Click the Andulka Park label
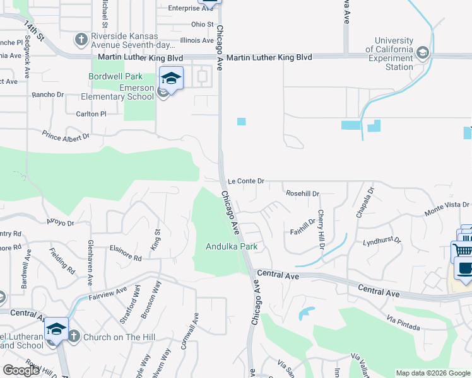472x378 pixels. (232, 247)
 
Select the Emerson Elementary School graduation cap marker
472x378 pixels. (171, 79)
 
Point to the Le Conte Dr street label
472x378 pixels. (245, 181)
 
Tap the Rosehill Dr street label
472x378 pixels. (303, 193)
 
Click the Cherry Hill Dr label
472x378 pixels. (321, 229)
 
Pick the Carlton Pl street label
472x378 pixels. (87, 114)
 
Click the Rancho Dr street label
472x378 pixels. (48, 95)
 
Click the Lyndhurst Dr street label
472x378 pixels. (382, 241)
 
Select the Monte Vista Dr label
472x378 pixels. (447, 205)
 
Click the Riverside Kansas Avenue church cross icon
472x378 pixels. (81, 40)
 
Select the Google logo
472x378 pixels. (21, 370)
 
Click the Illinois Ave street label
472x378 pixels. (197, 40)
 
